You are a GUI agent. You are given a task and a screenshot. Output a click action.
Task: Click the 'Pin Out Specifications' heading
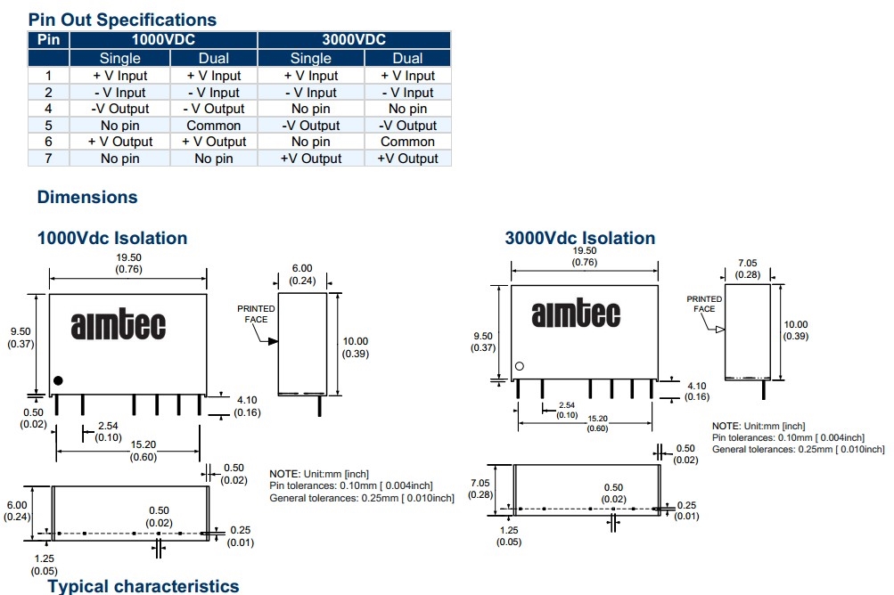click(x=122, y=19)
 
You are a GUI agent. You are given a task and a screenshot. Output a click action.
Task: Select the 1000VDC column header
click(x=163, y=40)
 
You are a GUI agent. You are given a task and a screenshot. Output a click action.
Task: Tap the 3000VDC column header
click(x=354, y=40)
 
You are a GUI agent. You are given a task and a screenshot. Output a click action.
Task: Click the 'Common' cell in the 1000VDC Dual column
click(x=214, y=126)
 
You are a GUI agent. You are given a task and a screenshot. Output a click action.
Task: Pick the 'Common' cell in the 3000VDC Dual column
click(x=407, y=142)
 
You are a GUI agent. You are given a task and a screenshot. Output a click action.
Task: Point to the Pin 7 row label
click(x=49, y=159)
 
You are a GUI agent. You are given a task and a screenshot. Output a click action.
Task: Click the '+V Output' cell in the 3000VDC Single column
click(x=311, y=159)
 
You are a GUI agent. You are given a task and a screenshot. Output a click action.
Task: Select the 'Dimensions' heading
click(x=87, y=197)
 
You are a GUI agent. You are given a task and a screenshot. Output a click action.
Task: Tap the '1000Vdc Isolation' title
click(x=112, y=238)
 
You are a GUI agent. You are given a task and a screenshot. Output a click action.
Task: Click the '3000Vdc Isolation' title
click(x=579, y=238)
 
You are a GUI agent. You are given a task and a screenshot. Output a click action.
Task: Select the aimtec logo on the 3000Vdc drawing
click(x=576, y=314)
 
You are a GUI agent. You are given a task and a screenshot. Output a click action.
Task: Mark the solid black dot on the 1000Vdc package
click(x=58, y=380)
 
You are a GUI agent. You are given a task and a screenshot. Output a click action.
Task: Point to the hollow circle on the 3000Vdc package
click(x=520, y=366)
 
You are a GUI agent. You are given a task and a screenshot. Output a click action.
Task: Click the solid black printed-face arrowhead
click(x=273, y=340)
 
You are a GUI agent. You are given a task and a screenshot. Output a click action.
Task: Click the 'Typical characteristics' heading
click(x=143, y=585)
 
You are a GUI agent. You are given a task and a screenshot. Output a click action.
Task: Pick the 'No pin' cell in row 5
click(x=120, y=126)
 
